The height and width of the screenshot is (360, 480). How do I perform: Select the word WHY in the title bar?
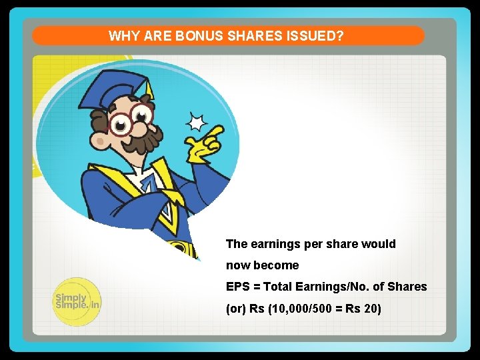[x=123, y=36]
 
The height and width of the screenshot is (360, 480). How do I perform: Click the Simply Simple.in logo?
[x=77, y=301]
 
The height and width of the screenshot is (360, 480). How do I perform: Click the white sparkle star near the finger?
[x=196, y=123]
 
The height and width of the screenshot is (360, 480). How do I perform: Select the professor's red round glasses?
[x=130, y=121]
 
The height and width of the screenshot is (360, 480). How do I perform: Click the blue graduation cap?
[x=113, y=90]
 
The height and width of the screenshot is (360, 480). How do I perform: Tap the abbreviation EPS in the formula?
[x=237, y=287]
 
